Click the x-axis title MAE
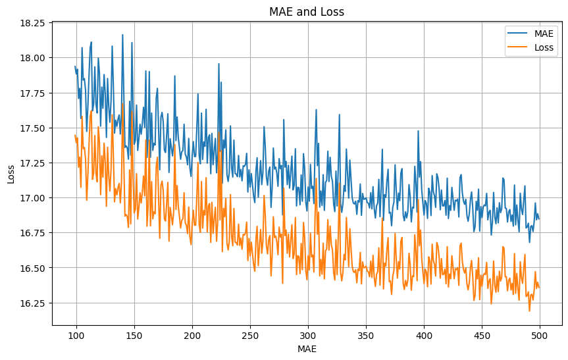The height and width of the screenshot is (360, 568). coord(307,348)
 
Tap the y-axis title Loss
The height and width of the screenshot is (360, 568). coord(11,174)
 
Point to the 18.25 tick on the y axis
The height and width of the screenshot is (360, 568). coord(33,23)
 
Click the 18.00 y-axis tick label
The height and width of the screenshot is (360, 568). coord(33,58)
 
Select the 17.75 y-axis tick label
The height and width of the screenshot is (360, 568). coord(33,93)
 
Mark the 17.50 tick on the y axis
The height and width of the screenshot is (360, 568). coord(33,128)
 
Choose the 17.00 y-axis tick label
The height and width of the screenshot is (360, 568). coord(33,198)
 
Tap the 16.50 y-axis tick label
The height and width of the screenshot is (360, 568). coord(33,269)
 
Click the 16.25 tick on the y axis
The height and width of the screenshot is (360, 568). coord(33,303)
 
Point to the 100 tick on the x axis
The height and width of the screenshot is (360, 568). coord(76,334)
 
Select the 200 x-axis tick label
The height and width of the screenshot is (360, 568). coord(192,334)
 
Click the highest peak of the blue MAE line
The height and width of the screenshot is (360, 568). coord(122,35)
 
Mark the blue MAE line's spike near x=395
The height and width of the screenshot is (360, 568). coord(418,130)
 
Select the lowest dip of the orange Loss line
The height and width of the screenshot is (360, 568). coord(529,311)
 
